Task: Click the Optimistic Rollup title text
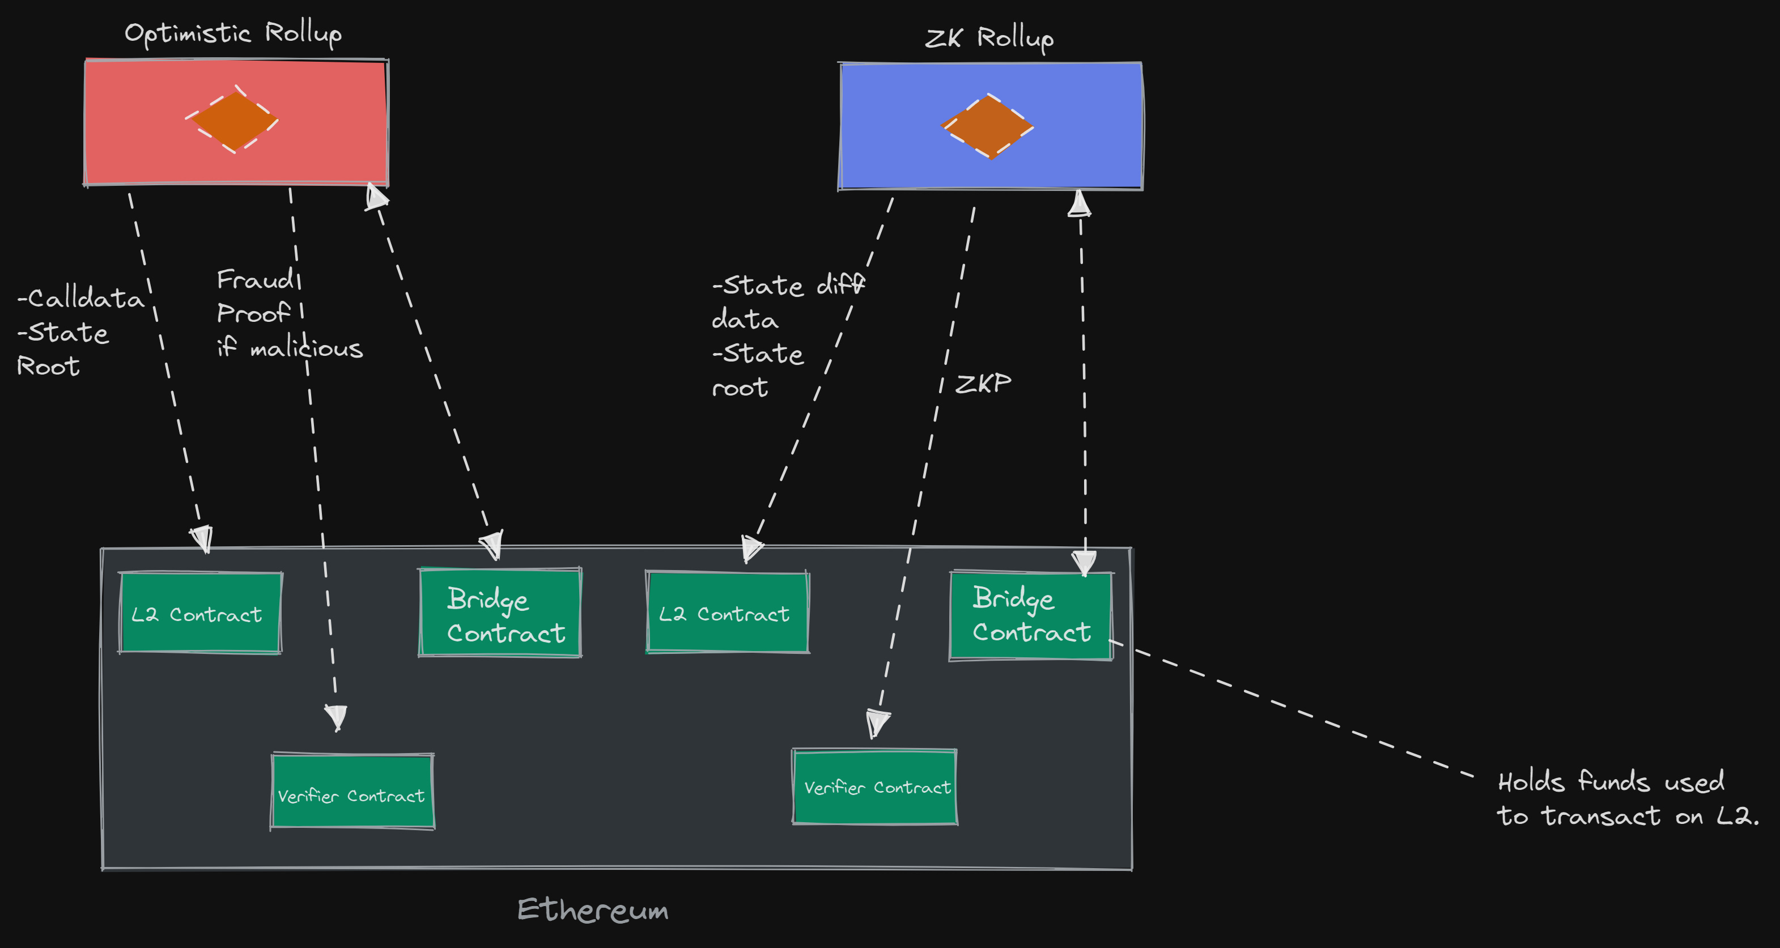(x=233, y=33)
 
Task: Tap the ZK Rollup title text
(x=989, y=38)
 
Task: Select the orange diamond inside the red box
(x=233, y=121)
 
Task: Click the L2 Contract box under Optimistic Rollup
(x=199, y=613)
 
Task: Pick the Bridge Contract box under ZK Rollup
(x=1030, y=615)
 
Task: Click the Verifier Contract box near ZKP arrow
(x=875, y=787)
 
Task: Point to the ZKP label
(x=983, y=384)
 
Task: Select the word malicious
(x=306, y=348)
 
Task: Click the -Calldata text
(x=82, y=299)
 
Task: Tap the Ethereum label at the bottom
(x=593, y=910)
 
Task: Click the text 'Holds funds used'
(x=1610, y=782)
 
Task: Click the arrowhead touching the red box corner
(x=376, y=196)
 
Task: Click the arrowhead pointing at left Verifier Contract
(x=337, y=717)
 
